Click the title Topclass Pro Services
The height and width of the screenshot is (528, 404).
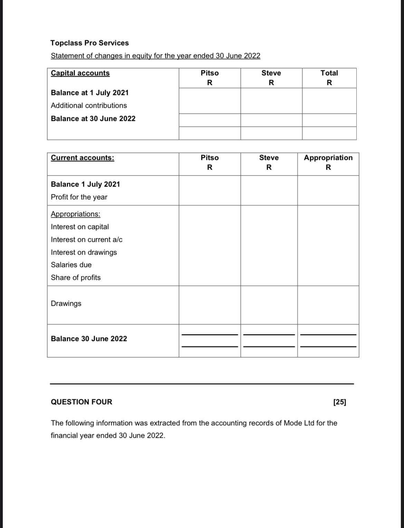[x=89, y=43]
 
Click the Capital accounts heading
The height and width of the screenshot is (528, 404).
[x=80, y=73]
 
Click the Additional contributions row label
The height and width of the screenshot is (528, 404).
[x=89, y=105]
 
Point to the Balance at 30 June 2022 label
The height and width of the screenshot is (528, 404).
[x=93, y=119]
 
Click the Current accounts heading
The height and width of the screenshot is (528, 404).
[x=82, y=158]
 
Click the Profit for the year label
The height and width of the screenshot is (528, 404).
[x=79, y=197]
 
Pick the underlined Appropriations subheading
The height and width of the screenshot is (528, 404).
[x=76, y=214]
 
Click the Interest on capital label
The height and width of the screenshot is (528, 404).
[x=80, y=227]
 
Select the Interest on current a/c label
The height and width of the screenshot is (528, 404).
[x=87, y=239]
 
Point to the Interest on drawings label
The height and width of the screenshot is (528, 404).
[x=84, y=252]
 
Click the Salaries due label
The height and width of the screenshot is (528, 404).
[x=71, y=265]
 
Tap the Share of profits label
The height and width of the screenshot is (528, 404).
[x=76, y=277]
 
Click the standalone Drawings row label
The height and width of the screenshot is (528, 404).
[x=66, y=303]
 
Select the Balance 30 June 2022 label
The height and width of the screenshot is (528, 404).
[x=89, y=339]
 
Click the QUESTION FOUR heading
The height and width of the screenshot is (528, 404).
[x=81, y=402]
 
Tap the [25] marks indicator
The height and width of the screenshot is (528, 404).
[x=339, y=402]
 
